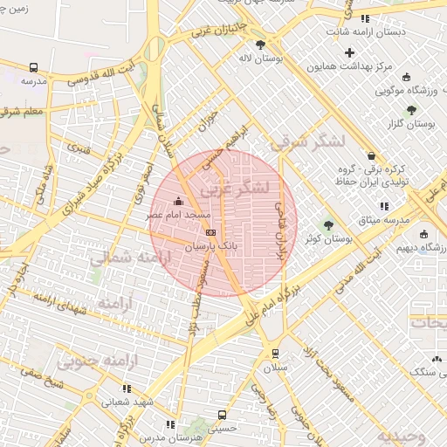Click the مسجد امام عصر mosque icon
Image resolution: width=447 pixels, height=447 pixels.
[180, 203]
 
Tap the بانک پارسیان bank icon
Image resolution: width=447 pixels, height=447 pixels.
[210, 232]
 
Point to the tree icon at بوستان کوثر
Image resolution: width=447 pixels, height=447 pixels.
[329, 225]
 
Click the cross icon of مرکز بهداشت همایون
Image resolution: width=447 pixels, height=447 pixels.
[350, 53]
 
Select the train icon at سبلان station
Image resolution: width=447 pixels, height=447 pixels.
[276, 354]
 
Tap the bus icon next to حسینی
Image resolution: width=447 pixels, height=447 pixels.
[222, 415]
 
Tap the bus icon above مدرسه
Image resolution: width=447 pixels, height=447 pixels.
[34, 67]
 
